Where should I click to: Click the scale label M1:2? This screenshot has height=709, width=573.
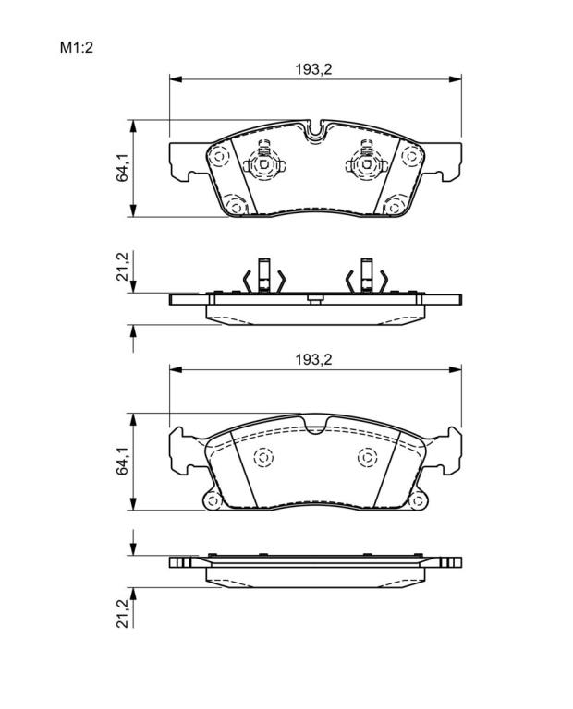[77, 47]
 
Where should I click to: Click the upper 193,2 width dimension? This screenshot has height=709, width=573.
[313, 69]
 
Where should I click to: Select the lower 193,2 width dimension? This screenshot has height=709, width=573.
[313, 359]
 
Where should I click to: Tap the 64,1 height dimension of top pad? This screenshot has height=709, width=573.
[122, 168]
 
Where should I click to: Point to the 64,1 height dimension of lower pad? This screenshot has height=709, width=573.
[122, 461]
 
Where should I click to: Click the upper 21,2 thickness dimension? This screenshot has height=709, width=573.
[122, 267]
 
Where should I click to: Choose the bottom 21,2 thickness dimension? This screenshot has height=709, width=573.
[122, 614]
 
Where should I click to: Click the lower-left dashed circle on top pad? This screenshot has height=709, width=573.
[236, 206]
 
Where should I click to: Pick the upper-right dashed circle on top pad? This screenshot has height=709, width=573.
[411, 156]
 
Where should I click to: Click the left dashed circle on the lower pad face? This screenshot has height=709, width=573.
[264, 458]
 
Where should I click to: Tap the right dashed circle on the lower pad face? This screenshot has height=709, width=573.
[367, 458]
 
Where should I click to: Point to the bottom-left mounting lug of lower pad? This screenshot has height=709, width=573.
[213, 500]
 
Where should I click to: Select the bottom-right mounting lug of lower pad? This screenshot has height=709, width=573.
[418, 500]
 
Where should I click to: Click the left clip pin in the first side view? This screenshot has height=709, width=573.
[263, 275]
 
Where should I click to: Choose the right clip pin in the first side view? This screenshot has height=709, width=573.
[367, 275]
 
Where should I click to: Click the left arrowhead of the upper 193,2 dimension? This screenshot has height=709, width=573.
[176, 79]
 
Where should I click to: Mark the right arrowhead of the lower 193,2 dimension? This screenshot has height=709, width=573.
[456, 369]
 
